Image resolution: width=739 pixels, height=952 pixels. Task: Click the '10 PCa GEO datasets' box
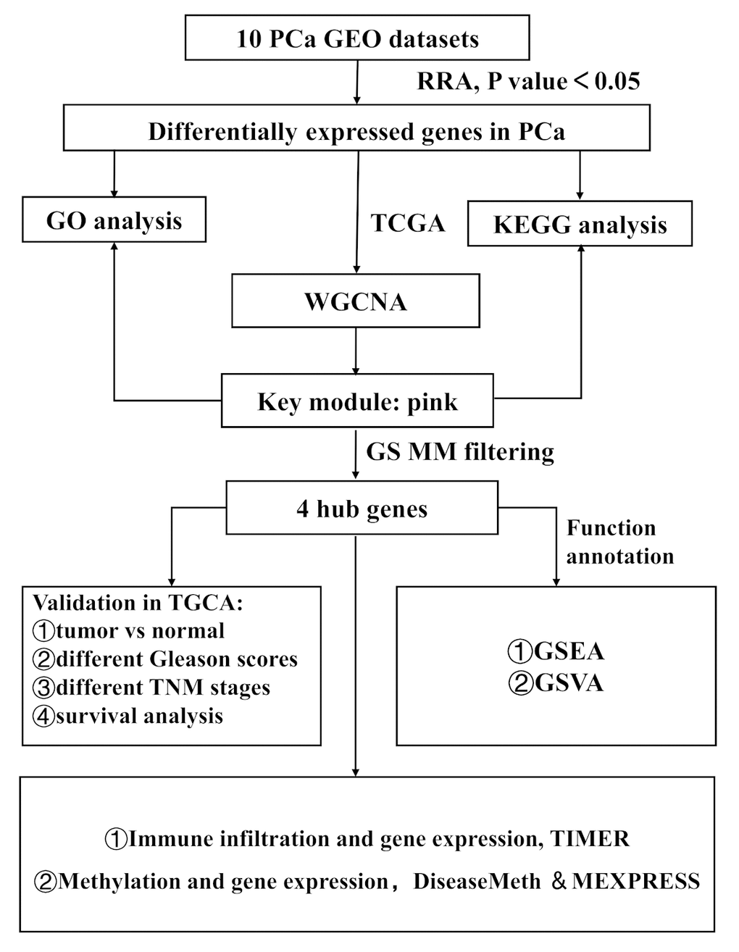[357, 38]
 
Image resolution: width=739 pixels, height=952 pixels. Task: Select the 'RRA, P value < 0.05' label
[528, 80]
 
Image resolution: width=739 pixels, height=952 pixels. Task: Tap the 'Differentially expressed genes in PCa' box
[356, 131]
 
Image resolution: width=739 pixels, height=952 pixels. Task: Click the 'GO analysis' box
[114, 220]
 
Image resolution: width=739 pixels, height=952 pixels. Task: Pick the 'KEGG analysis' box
[580, 225]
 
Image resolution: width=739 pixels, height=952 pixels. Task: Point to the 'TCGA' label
[408, 223]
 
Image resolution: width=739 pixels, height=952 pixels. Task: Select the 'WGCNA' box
[355, 301]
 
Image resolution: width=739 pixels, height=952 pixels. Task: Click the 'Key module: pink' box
[357, 401]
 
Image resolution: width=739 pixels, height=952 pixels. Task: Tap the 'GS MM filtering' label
[460, 452]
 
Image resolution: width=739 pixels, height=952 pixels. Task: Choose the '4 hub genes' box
[362, 509]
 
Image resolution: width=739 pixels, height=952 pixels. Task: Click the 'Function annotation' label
[619, 542]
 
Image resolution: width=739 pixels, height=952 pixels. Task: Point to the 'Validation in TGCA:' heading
[138, 603]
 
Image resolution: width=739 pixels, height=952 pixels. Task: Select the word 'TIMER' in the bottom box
[590, 839]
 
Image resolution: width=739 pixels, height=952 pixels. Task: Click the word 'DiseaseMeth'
[477, 882]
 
